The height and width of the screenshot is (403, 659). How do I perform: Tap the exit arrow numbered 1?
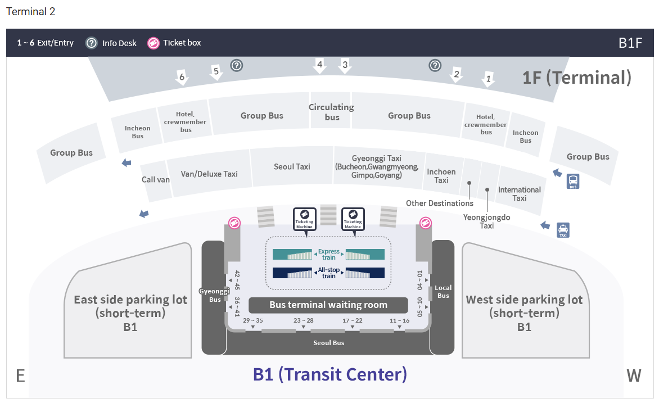click(x=489, y=79)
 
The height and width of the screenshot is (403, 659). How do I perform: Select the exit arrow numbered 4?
click(x=320, y=66)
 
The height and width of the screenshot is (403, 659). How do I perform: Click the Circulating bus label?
click(x=332, y=112)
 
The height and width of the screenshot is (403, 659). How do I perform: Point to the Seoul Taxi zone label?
click(x=292, y=166)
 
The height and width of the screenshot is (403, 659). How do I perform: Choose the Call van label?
click(x=156, y=180)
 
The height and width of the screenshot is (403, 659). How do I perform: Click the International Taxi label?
click(x=520, y=194)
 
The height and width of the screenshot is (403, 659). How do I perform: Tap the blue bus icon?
click(x=574, y=182)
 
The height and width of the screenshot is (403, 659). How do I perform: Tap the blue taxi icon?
click(x=563, y=230)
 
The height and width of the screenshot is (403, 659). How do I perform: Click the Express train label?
click(x=329, y=254)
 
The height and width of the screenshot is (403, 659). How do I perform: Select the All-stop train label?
click(x=329, y=273)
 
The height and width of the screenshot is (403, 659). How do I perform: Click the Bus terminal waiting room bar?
click(x=328, y=305)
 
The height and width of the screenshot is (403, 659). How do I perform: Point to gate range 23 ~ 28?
click(x=304, y=321)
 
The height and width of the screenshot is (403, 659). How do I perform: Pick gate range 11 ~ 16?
click(x=400, y=321)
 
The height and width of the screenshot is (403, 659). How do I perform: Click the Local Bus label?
click(x=443, y=292)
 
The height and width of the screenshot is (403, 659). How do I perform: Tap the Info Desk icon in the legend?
click(x=92, y=43)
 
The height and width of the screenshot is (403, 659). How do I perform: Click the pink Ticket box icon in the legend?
click(x=153, y=43)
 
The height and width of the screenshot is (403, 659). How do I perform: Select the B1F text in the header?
click(x=630, y=43)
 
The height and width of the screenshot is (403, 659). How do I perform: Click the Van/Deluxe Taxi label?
click(x=209, y=174)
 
